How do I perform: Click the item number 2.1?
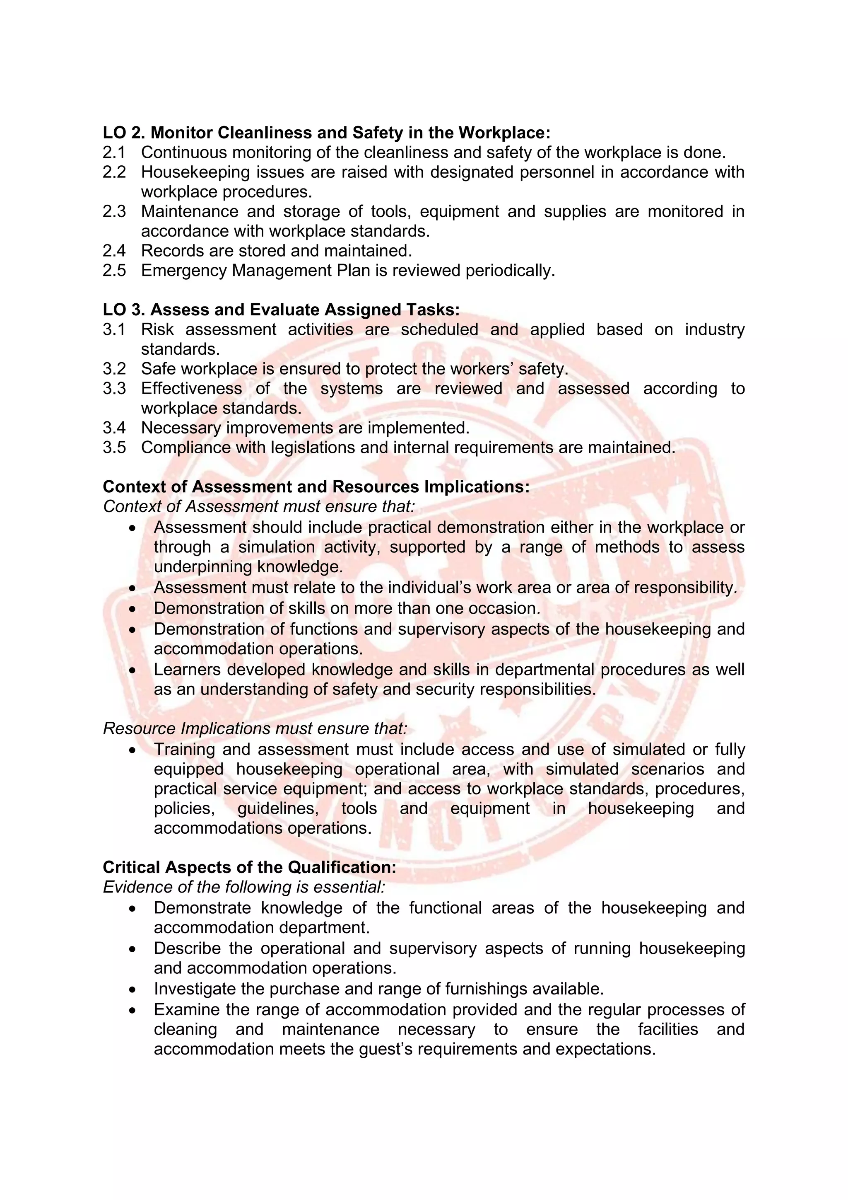(x=114, y=152)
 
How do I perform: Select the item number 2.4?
(x=114, y=251)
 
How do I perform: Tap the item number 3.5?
(x=114, y=448)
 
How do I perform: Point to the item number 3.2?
(x=114, y=369)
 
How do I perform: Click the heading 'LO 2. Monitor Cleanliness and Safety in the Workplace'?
(x=326, y=133)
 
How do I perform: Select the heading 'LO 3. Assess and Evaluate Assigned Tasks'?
(x=281, y=310)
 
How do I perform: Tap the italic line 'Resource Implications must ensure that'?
(x=255, y=728)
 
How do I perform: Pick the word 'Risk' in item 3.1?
(x=157, y=330)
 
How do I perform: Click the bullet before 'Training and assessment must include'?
(x=132, y=750)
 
